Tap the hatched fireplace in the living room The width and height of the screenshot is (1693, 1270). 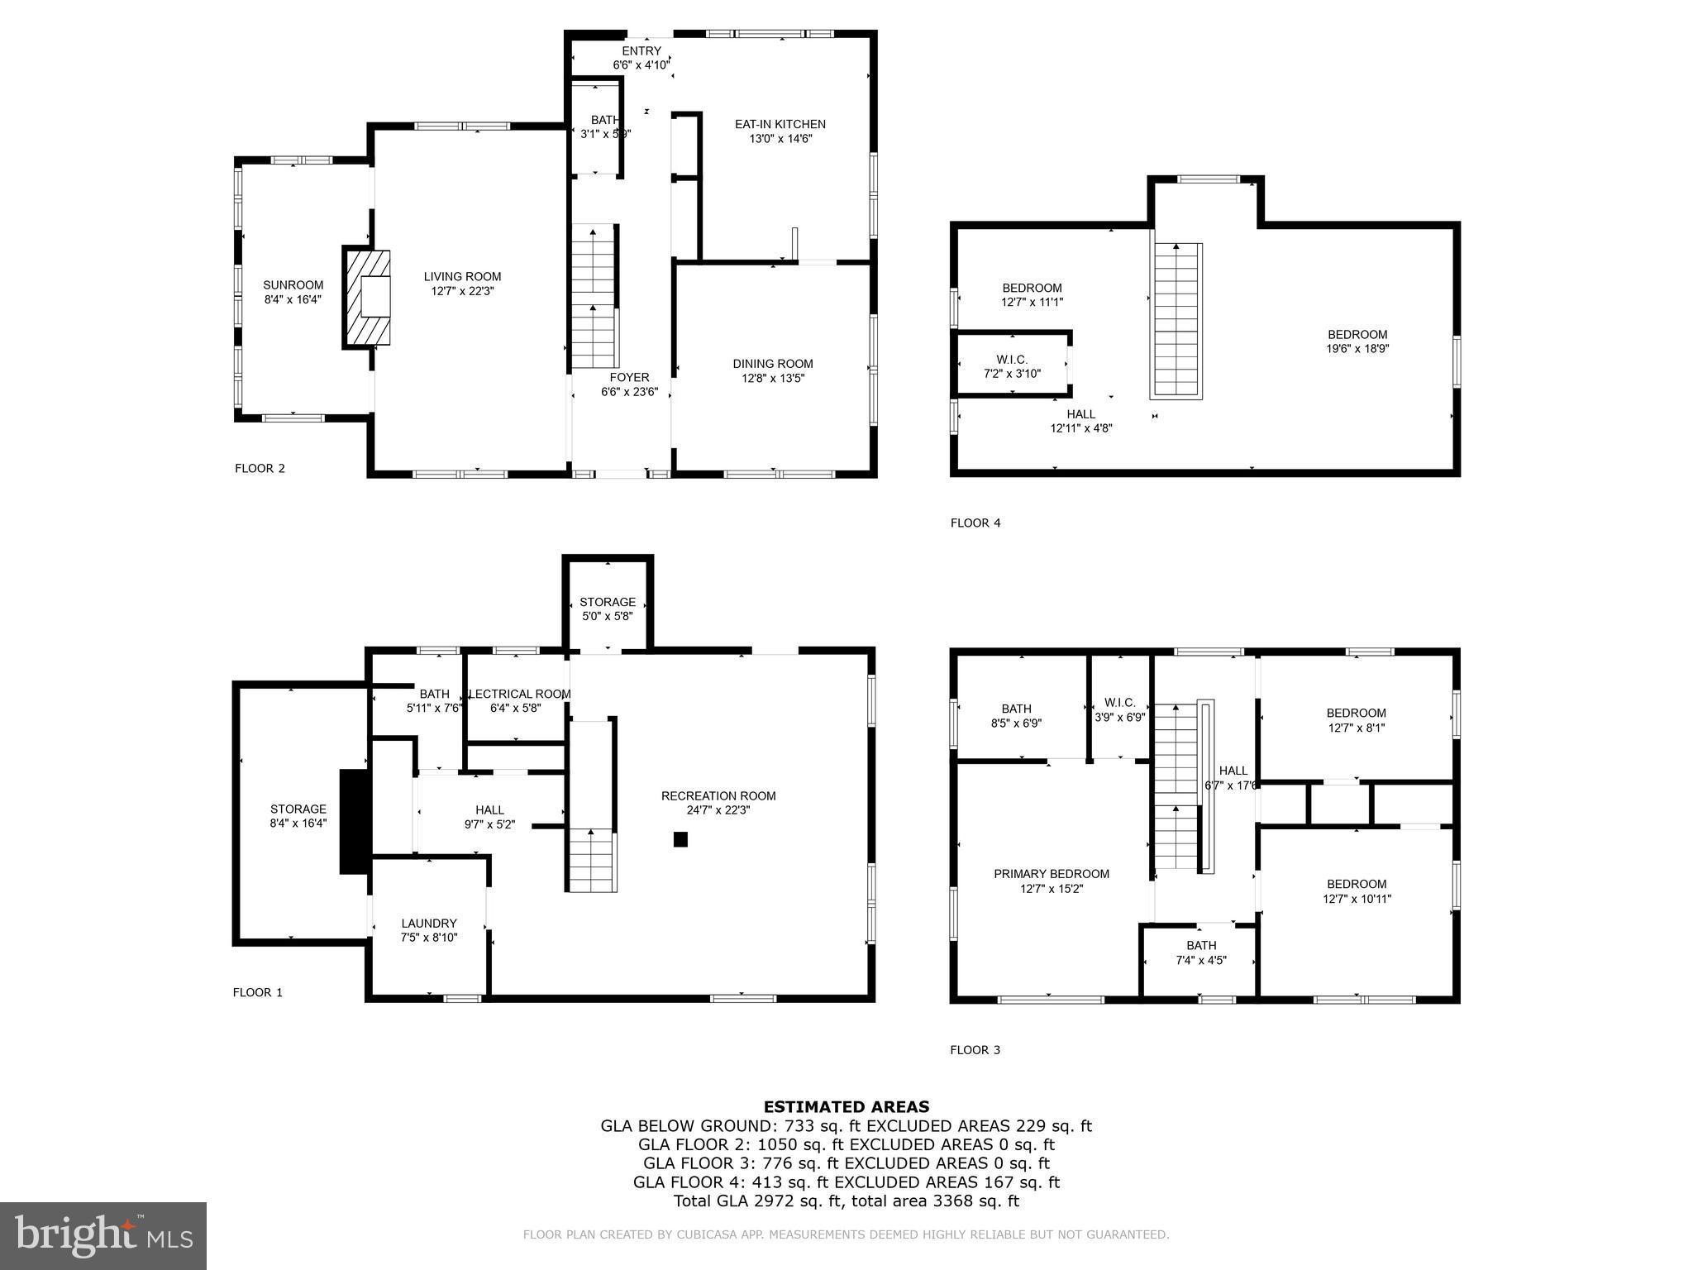tap(367, 298)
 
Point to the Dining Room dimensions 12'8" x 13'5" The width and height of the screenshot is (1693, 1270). tap(772, 379)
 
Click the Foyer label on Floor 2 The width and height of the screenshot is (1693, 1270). tap(629, 378)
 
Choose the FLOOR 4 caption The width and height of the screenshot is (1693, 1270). tap(975, 523)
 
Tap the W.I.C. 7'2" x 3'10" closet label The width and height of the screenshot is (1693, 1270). tap(1012, 366)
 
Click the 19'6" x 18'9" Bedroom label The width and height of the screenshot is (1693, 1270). tap(1357, 341)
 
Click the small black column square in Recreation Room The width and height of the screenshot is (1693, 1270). tap(680, 839)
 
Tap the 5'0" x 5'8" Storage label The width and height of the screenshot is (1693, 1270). tap(608, 609)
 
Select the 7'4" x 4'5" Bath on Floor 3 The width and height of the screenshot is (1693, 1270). tap(1200, 952)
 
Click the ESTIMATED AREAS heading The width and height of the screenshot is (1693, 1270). tap(846, 1106)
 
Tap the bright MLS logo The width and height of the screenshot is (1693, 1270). tap(103, 1236)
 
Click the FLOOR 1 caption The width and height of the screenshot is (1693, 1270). tap(257, 992)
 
